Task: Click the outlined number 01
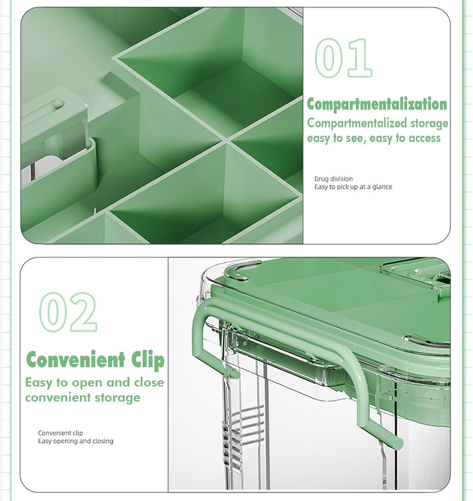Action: pos(343,58)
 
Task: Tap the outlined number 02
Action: pos(68,312)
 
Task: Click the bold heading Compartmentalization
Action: pos(377,104)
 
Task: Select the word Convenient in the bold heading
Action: pos(75,360)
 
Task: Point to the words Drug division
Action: pos(333,179)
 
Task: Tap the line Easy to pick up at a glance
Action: pos(353,187)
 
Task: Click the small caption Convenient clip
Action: pos(60,433)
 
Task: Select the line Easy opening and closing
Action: pos(76,441)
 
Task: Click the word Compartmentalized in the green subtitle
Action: pos(357,123)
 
